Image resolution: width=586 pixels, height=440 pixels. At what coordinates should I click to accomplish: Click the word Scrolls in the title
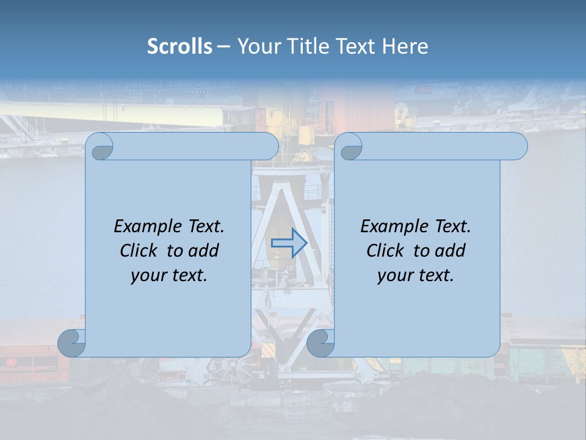[179, 46]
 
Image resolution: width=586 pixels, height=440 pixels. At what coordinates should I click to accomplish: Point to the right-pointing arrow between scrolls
[289, 243]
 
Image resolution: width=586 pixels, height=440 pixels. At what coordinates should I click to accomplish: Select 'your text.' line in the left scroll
[169, 275]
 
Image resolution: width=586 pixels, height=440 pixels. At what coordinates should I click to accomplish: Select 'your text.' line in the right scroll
[416, 275]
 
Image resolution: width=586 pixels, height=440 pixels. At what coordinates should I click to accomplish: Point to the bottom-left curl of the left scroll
[71, 343]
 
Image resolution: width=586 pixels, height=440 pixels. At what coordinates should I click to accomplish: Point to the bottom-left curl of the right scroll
[320, 343]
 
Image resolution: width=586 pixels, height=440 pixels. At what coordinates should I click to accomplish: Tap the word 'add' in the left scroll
[203, 251]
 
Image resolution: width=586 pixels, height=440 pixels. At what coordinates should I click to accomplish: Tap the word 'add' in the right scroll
[450, 251]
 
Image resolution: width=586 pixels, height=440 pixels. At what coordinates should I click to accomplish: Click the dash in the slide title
[223, 46]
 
